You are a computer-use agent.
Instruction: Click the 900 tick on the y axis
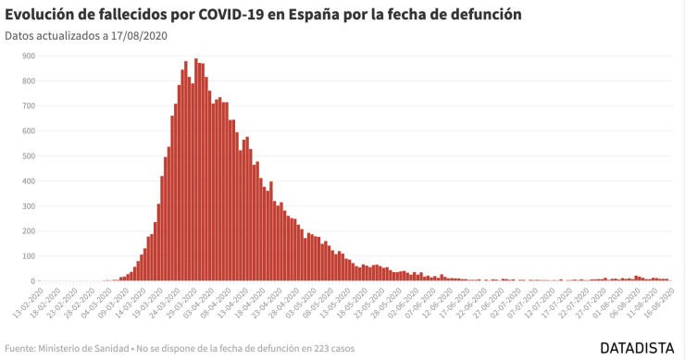(28, 56)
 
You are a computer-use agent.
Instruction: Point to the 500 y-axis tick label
(28, 155)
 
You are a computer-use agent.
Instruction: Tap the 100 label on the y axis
(28, 256)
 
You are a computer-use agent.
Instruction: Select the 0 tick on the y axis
(32, 281)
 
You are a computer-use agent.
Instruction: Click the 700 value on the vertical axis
(28, 106)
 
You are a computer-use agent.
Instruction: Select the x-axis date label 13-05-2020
(335, 302)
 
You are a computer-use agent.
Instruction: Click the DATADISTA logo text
(639, 349)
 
